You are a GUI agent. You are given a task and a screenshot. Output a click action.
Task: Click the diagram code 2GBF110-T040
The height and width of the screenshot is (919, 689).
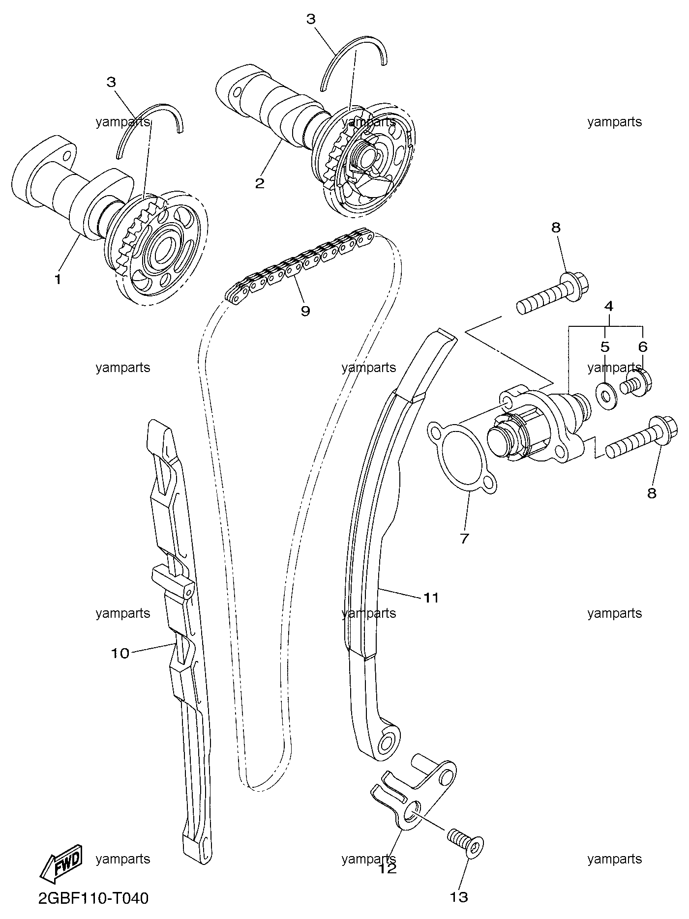point(93,899)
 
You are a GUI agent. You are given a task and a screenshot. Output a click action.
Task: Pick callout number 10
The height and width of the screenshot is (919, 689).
point(120,653)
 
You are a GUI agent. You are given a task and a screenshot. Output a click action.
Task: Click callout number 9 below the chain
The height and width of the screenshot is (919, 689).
point(305,311)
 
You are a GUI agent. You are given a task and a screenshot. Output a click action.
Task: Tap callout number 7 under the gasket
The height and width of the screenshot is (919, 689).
point(465,538)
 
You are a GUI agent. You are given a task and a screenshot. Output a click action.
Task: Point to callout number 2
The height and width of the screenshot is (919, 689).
point(260,183)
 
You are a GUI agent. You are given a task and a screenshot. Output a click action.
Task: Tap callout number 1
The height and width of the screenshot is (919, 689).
point(58,280)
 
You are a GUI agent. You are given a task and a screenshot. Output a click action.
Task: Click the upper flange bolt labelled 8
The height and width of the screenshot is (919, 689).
point(553,293)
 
